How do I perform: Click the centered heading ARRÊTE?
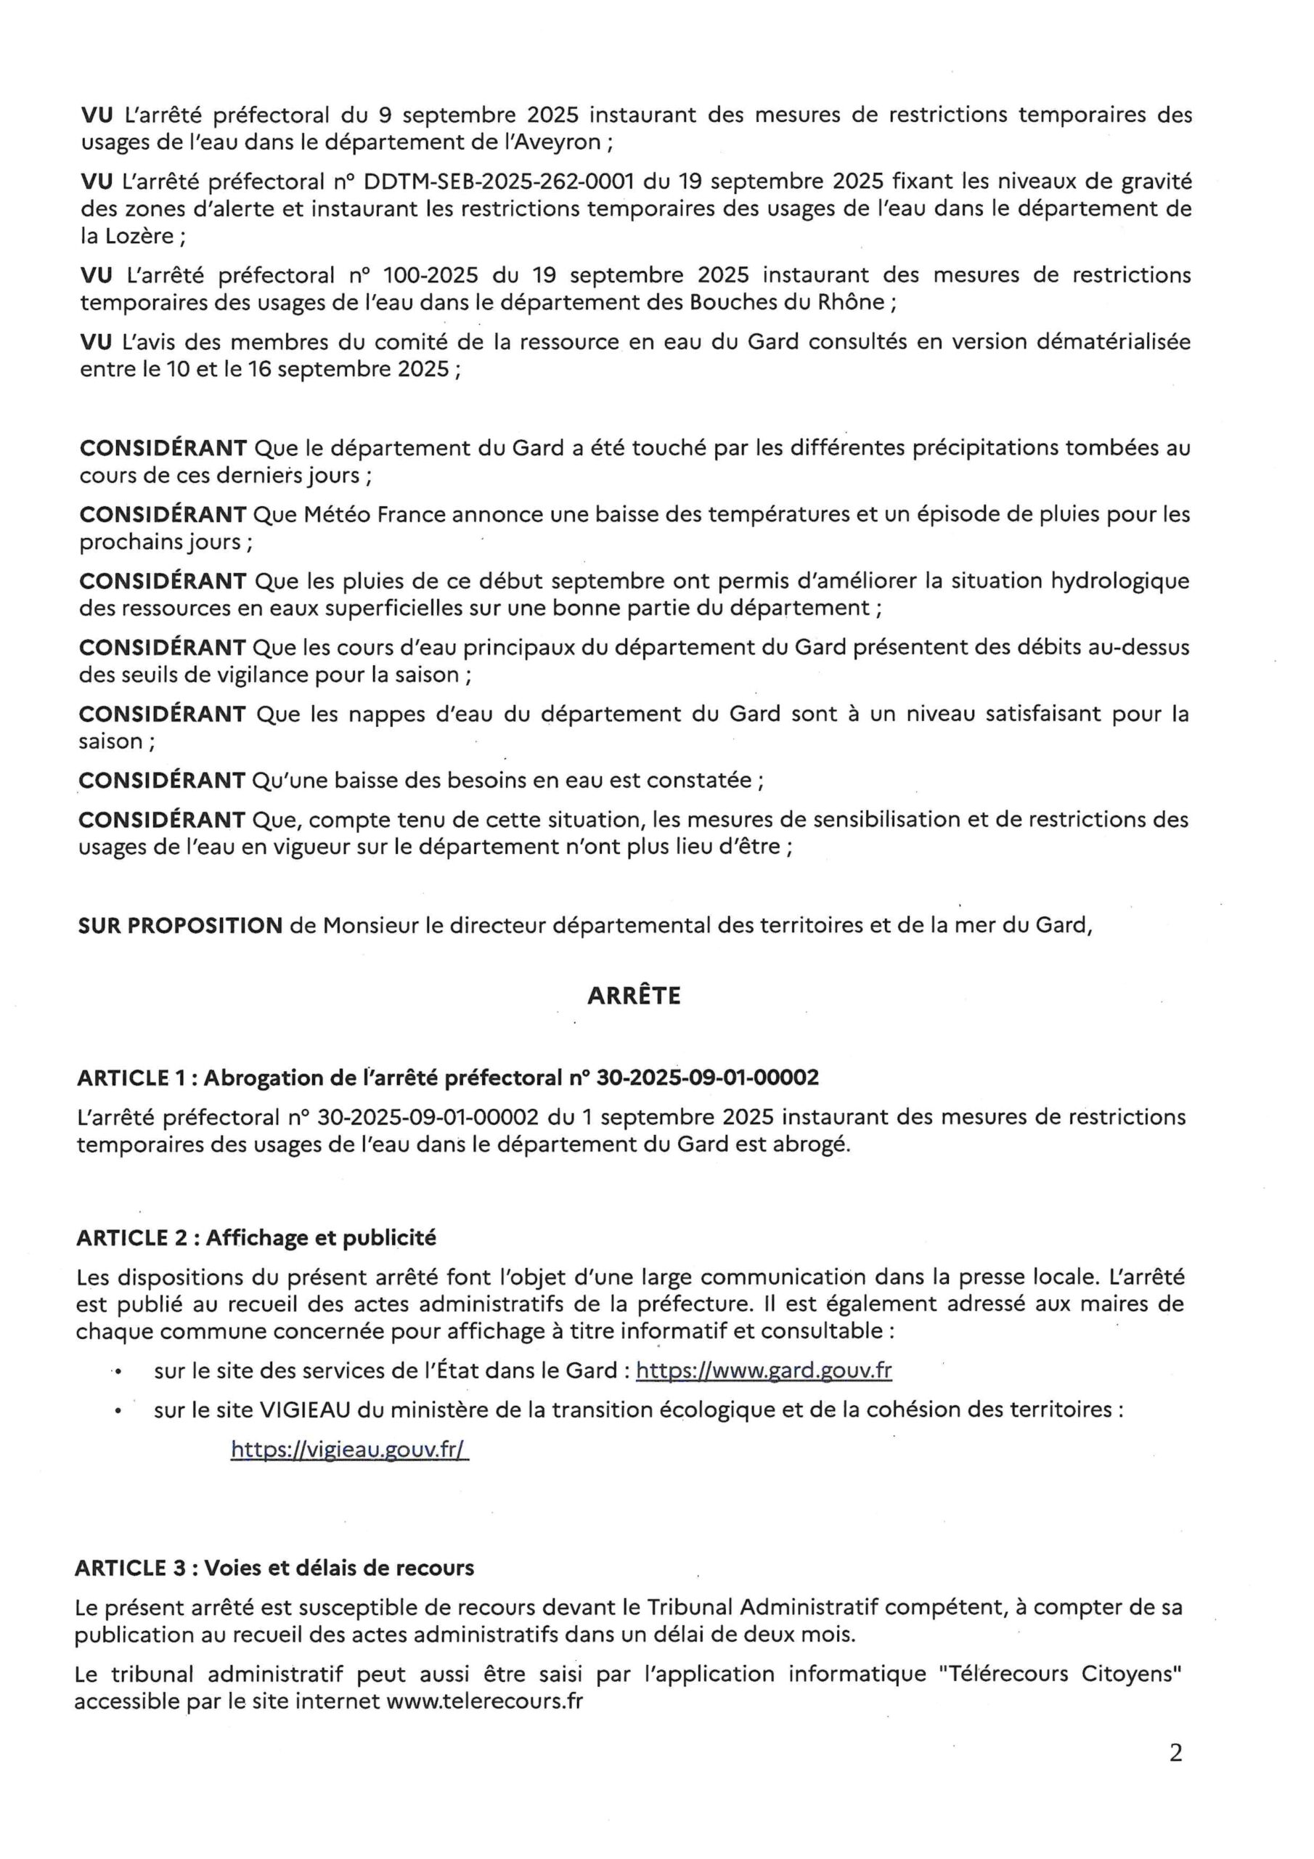[x=633, y=996]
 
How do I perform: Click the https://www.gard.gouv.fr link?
[x=764, y=1371]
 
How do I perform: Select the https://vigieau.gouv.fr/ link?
[x=350, y=1449]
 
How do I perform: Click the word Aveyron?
[x=563, y=142]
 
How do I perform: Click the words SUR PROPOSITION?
[x=180, y=925]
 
